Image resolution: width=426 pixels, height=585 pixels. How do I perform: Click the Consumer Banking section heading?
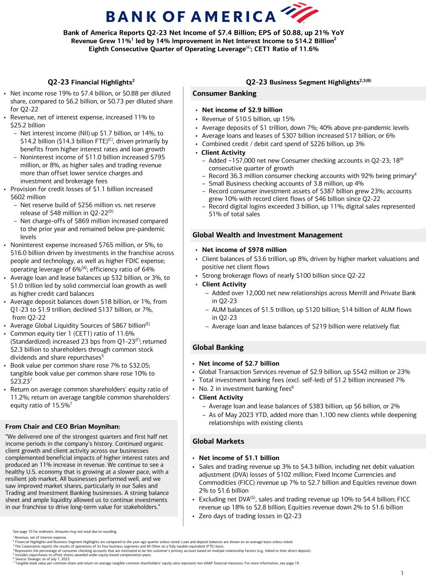224,93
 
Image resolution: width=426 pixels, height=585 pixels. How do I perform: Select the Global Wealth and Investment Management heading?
267,235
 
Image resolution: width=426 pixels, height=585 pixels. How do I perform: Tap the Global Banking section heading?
218,348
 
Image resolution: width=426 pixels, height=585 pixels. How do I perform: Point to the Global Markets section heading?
218,441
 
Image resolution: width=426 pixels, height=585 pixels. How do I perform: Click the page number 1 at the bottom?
402,573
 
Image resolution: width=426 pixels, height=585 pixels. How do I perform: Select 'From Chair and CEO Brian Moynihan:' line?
63,426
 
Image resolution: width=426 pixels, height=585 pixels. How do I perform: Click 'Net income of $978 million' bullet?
244,250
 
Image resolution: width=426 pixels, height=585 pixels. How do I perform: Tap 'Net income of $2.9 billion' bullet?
242,110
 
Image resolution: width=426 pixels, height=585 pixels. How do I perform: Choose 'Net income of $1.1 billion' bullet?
239,458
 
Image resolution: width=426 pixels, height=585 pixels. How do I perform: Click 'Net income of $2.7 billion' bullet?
239,363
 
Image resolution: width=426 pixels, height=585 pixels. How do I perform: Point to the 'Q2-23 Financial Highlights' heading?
91,82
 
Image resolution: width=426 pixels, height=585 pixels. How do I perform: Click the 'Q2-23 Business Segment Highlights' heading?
308,82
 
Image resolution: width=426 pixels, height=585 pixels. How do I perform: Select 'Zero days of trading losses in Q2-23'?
250,516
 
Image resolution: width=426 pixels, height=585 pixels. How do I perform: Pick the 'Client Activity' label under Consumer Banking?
224,153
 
